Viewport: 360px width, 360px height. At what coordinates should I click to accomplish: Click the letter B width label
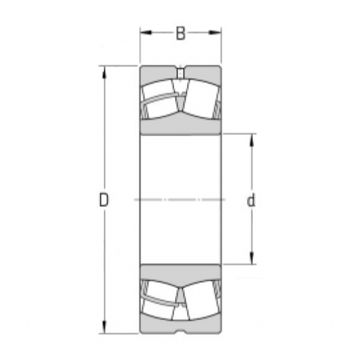pyautogui.click(x=181, y=33)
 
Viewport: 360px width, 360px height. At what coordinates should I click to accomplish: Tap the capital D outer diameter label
pyautogui.click(x=104, y=200)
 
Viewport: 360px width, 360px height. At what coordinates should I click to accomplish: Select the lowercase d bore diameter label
pyautogui.click(x=251, y=200)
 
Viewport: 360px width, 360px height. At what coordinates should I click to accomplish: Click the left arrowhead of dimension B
pyautogui.click(x=146, y=32)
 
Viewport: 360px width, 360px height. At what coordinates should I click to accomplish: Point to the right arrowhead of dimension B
pyautogui.click(x=215, y=32)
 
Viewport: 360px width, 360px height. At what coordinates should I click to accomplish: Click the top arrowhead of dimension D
pyautogui.click(x=104, y=73)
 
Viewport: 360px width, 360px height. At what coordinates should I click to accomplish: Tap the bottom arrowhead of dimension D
pyautogui.click(x=104, y=327)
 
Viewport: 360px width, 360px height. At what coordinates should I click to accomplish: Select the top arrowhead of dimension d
pyautogui.click(x=252, y=140)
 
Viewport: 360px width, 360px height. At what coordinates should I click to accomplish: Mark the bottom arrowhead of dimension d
pyautogui.click(x=252, y=258)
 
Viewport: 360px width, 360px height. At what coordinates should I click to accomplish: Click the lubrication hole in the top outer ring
pyautogui.click(x=181, y=73)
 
